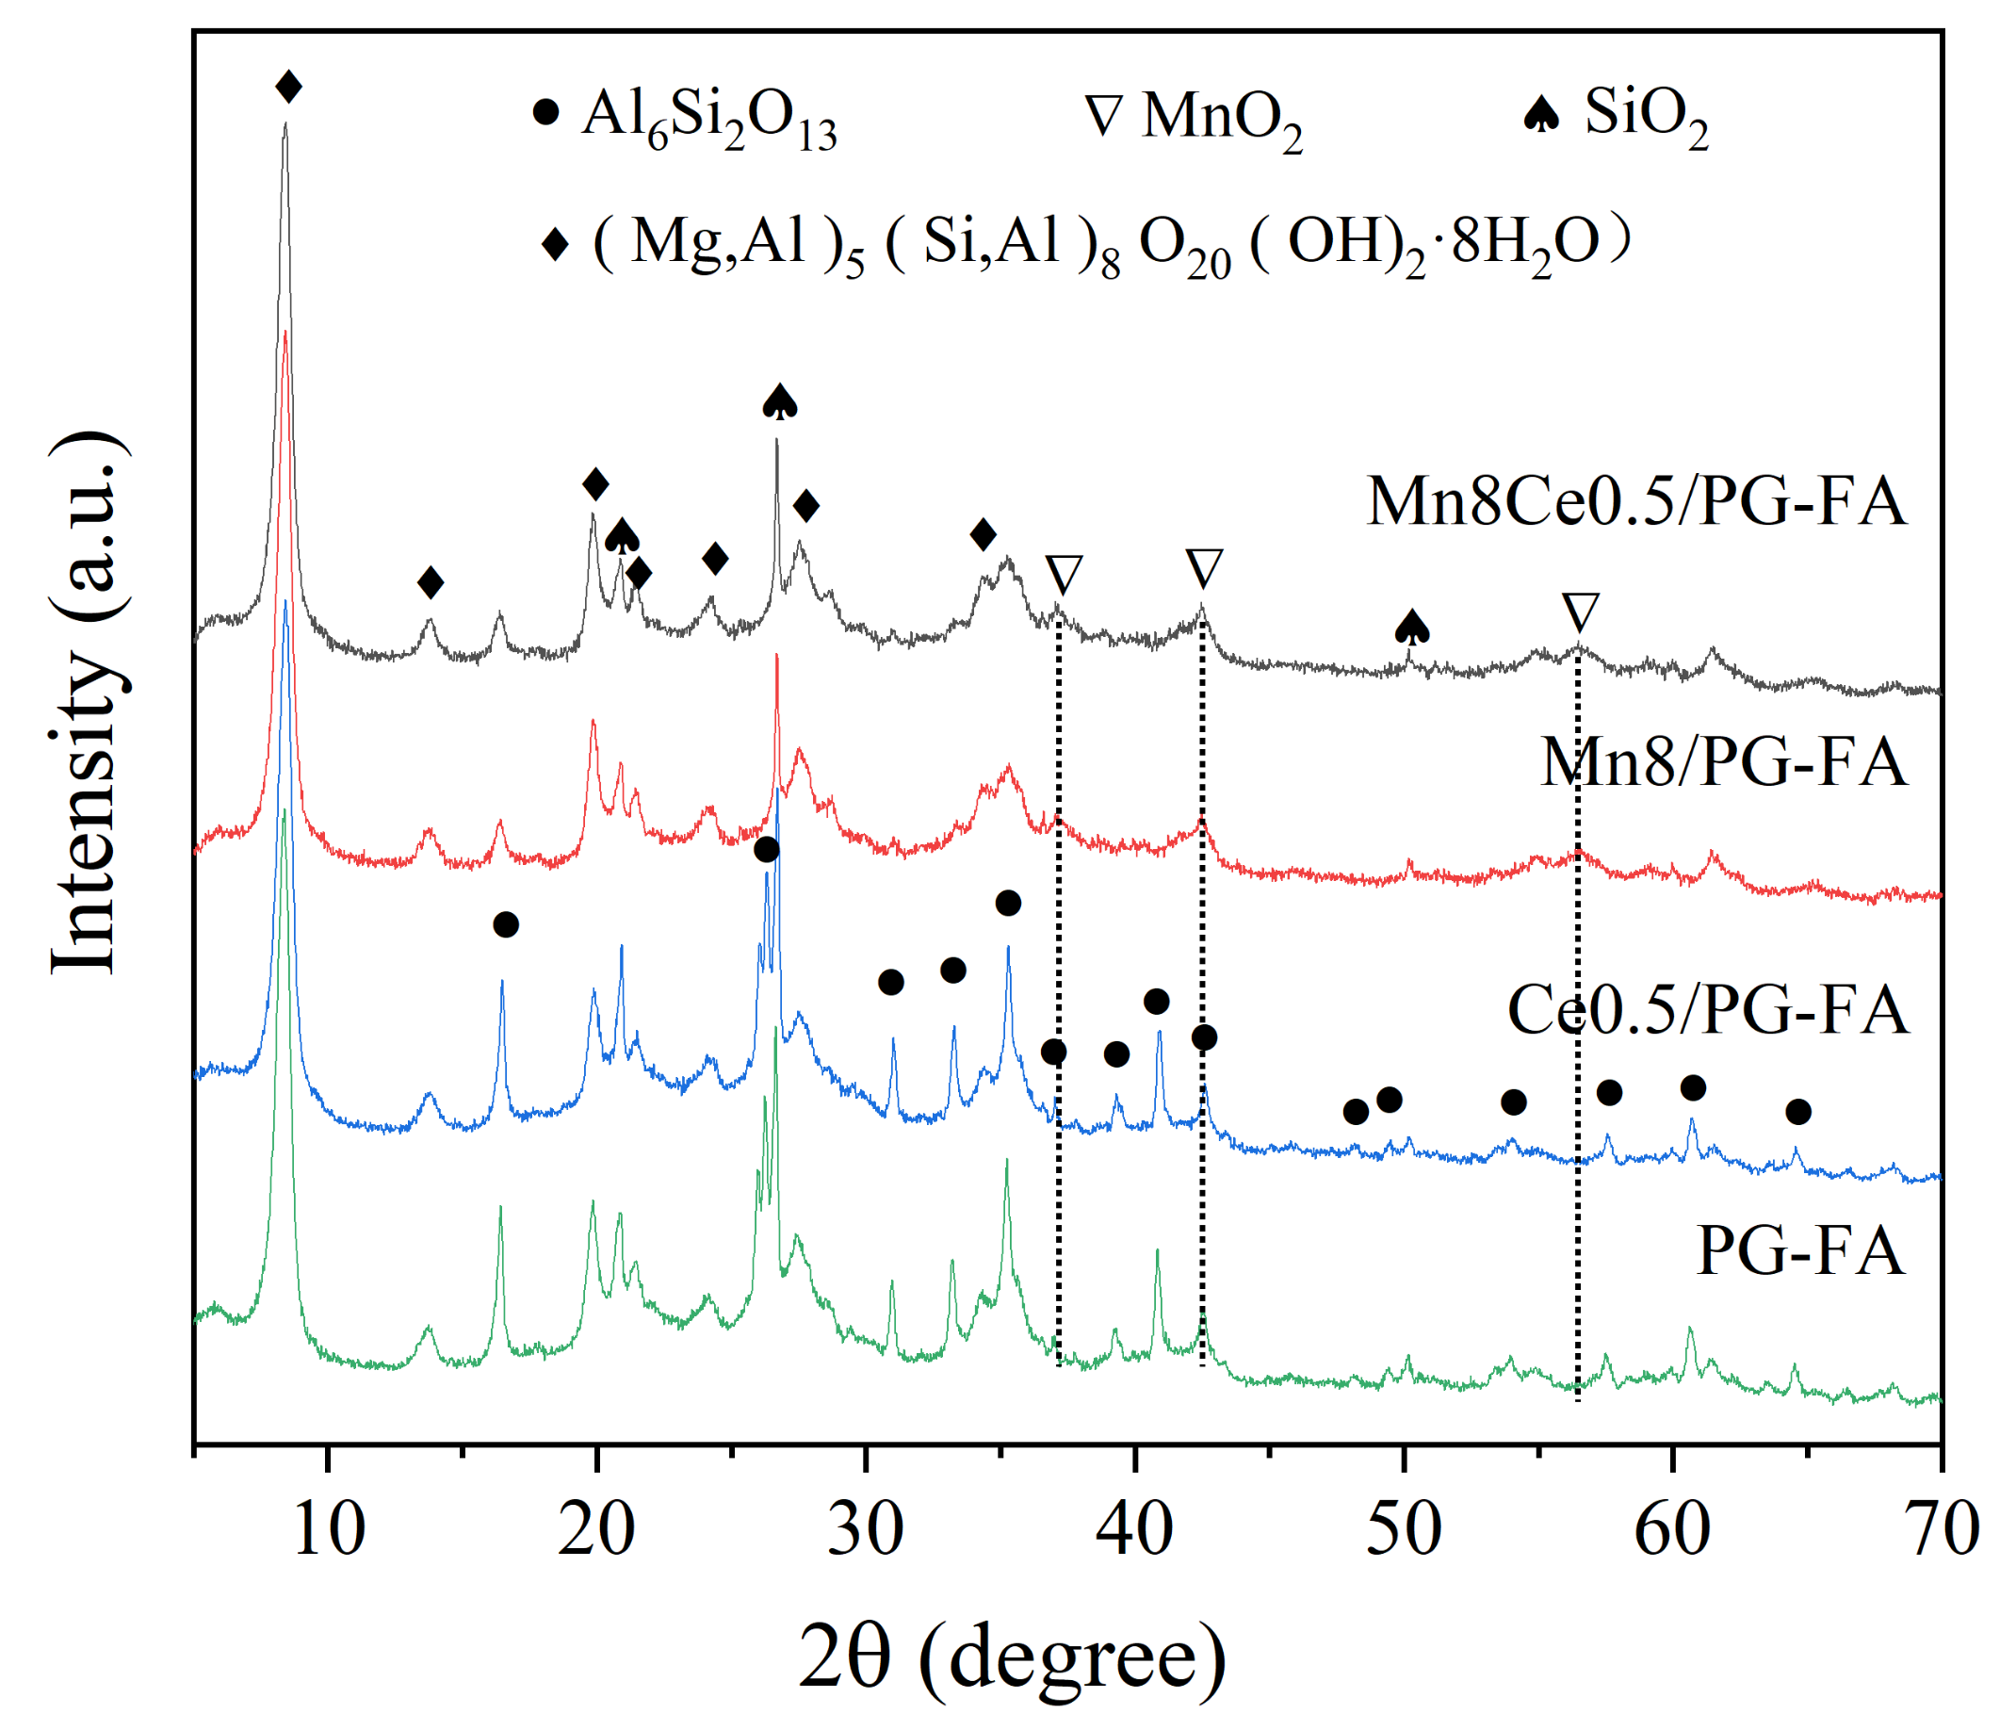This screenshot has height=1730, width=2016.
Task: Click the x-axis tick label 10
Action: [x=328, y=1528]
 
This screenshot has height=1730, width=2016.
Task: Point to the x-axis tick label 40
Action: [x=1134, y=1528]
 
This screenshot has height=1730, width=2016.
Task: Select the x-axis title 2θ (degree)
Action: [x=1012, y=1657]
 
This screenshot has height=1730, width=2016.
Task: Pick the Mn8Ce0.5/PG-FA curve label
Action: [x=1636, y=502]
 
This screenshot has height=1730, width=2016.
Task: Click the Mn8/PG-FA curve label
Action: [x=1723, y=762]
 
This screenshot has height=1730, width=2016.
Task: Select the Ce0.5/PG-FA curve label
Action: [x=1708, y=1009]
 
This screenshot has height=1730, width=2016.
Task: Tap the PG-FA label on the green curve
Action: [x=1800, y=1250]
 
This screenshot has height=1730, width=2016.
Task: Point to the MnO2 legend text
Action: [x=1221, y=119]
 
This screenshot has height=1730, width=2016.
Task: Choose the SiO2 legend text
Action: [x=1647, y=115]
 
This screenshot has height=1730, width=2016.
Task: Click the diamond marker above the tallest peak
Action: [x=288, y=87]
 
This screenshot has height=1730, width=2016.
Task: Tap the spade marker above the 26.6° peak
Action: [x=779, y=401]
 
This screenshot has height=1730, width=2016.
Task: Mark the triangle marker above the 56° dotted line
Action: [x=1580, y=612]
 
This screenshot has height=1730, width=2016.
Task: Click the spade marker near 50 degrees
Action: [x=1412, y=628]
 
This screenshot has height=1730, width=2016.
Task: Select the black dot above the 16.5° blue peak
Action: [x=505, y=924]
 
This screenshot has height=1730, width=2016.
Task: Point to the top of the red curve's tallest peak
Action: [x=285, y=334]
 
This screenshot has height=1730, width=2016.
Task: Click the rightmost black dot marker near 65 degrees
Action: [x=1798, y=1111]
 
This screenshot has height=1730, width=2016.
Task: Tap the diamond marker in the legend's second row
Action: [x=555, y=244]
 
